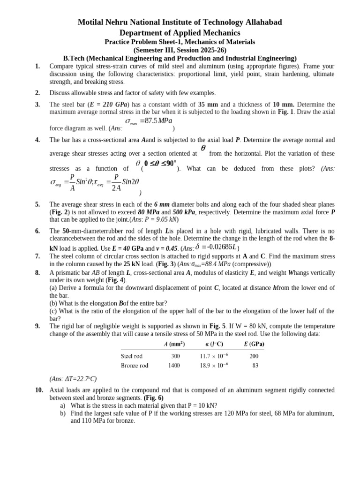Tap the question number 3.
(x=37, y=105)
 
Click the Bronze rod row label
(x=135, y=365)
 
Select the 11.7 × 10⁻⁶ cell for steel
(x=212, y=356)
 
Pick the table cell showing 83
(x=255, y=365)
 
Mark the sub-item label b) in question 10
(x=63, y=413)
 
